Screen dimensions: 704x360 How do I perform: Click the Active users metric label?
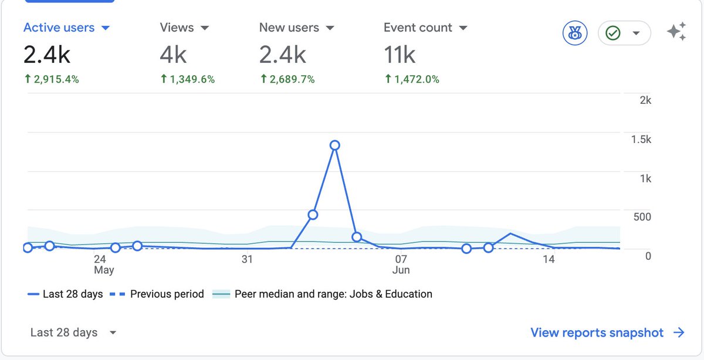pos(59,28)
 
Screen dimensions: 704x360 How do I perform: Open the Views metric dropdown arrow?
pos(205,28)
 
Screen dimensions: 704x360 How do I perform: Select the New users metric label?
pos(289,28)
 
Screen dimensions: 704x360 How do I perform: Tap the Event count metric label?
pos(418,28)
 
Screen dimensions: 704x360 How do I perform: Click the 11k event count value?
pos(400,55)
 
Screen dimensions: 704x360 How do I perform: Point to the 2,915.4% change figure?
pos(52,79)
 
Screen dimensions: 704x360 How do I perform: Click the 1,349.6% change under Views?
pos(188,79)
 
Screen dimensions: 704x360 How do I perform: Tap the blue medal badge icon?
pos(575,33)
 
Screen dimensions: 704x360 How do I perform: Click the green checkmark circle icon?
pos(613,33)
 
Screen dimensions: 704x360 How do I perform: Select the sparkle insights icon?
pos(676,32)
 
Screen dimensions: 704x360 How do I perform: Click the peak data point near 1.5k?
pos(335,145)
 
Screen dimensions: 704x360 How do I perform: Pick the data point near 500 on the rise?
pos(313,215)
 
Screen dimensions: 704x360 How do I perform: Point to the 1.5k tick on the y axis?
pos(641,139)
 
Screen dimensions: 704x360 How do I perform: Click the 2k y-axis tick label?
pos(645,100)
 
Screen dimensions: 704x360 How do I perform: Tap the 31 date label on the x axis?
pos(247,259)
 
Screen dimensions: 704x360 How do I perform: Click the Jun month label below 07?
pos(401,270)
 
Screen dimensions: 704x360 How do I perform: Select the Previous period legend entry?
pos(157,294)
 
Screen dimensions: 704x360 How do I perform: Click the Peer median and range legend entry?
pos(322,294)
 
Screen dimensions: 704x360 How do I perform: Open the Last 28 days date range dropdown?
pos(73,332)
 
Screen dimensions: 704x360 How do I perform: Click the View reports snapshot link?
pos(607,332)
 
